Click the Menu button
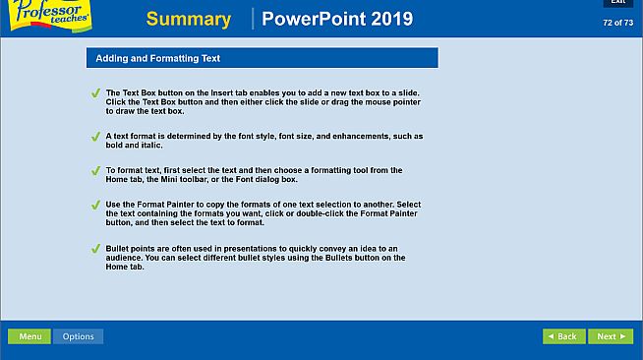(29, 336)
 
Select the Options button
(78, 336)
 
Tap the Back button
(563, 336)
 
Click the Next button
(610, 336)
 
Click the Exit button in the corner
(617, 3)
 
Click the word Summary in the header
(188, 19)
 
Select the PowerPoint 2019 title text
(337, 19)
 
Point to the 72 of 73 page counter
(617, 22)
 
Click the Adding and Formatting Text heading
(157, 58)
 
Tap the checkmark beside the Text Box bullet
(95, 93)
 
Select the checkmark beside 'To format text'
(95, 171)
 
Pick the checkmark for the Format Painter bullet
(95, 206)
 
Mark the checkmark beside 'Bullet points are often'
(95, 249)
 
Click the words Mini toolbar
(187, 179)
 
